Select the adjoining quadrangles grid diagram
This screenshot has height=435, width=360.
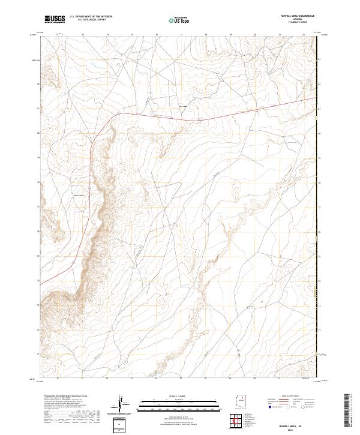coord(240,421)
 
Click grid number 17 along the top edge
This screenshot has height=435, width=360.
coord(181,35)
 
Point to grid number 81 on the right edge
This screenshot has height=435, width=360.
coord(320,109)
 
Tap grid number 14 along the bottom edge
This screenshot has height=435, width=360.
coord(107,380)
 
